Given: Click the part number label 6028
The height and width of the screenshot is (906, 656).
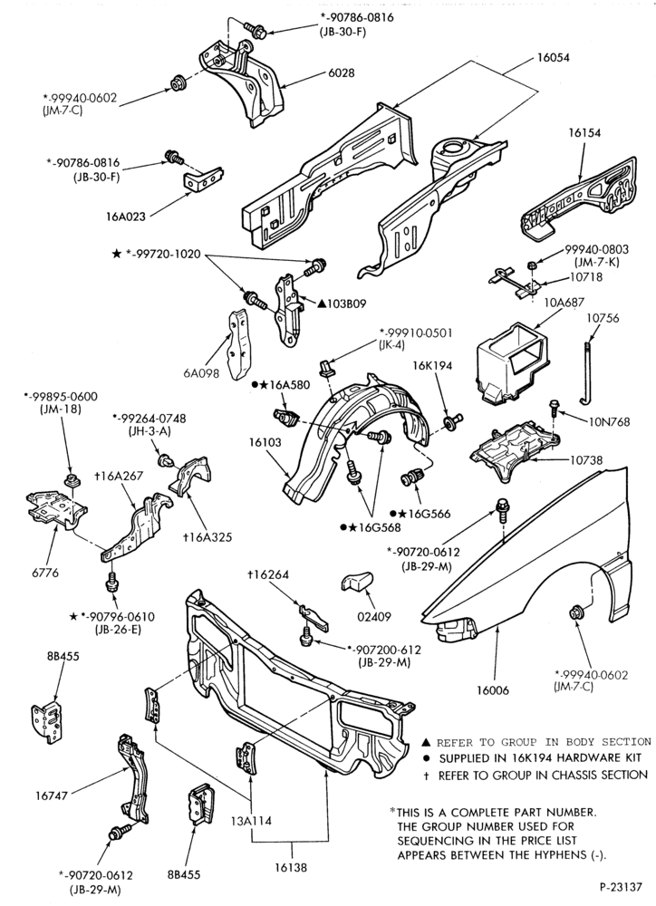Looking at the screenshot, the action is pyautogui.click(x=342, y=73).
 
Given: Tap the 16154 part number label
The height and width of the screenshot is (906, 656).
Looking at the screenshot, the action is pyautogui.click(x=584, y=133).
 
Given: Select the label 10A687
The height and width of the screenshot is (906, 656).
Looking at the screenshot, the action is pyautogui.click(x=564, y=303).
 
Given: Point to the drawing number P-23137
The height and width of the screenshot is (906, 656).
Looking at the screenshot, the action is pyautogui.click(x=620, y=886).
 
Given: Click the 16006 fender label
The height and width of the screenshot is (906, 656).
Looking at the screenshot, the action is pyautogui.click(x=493, y=689).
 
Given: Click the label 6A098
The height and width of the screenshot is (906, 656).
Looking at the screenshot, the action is pyautogui.click(x=202, y=373).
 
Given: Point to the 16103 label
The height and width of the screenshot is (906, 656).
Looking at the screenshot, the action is pyautogui.click(x=265, y=443).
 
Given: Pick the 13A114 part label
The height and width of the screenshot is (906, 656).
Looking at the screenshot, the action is pyautogui.click(x=251, y=820).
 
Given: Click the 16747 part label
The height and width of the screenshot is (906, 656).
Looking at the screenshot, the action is pyautogui.click(x=52, y=795).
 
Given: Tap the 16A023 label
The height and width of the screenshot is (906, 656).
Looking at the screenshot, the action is pyautogui.click(x=125, y=217).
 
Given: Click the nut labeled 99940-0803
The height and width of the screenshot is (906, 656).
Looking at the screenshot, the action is pyautogui.click(x=531, y=265).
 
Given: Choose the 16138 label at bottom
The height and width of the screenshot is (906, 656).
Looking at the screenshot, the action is pyautogui.click(x=291, y=867).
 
